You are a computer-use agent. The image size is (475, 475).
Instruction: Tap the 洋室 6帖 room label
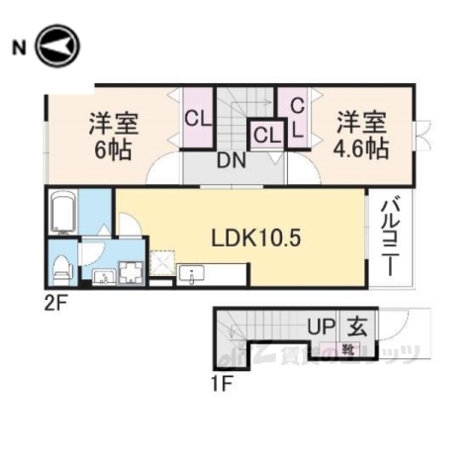[113, 137]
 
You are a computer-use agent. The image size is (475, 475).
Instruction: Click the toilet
[60, 267]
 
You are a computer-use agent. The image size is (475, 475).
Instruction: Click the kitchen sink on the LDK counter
[193, 274]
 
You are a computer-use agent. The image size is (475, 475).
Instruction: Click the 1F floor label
[222, 383]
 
